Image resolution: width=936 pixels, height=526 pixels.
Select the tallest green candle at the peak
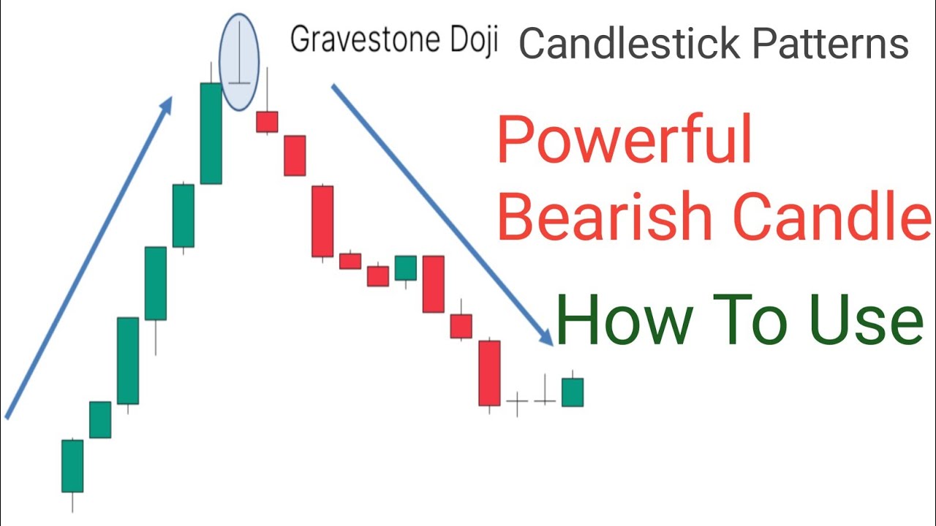tap(211, 133)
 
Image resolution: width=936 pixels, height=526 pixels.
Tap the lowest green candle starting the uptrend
tap(72, 465)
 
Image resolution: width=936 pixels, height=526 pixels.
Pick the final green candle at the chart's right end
tap(573, 392)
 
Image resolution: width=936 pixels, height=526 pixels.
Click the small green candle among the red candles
tap(406, 268)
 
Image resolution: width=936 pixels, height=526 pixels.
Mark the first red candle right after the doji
tap(267, 121)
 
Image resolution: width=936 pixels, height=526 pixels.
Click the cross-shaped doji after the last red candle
tap(517, 402)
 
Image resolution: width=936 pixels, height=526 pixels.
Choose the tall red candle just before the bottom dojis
tap(489, 373)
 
